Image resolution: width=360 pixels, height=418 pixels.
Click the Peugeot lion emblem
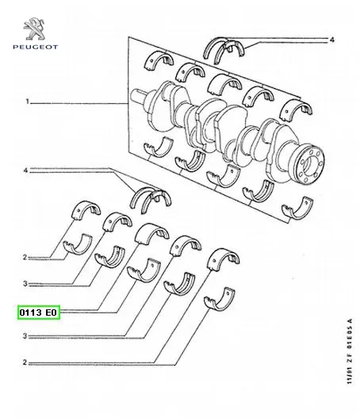pyautogui.click(x=34, y=29)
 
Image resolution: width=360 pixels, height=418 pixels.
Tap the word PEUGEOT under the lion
pyautogui.click(x=36, y=47)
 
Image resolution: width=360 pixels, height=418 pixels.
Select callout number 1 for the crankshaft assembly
pyautogui.click(x=27, y=102)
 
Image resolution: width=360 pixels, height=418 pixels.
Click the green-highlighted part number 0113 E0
pyautogui.click(x=39, y=313)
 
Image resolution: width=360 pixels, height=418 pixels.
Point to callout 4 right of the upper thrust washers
pyautogui.click(x=331, y=40)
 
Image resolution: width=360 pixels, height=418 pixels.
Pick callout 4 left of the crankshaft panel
pyautogui.click(x=25, y=170)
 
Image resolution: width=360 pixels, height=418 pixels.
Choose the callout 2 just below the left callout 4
pyautogui.click(x=25, y=258)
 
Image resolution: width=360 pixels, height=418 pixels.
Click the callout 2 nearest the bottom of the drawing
pyautogui.click(x=25, y=362)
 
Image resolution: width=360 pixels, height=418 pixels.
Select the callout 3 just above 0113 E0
pyautogui.click(x=25, y=284)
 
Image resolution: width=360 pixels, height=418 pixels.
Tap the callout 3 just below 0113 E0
pyautogui.click(x=25, y=336)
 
